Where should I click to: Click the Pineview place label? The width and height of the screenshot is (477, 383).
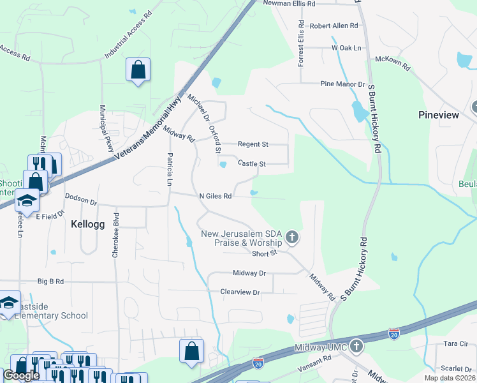(x=438, y=115)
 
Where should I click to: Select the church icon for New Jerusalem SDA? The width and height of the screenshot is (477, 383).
(x=292, y=238)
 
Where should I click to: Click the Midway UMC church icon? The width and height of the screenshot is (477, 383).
(x=356, y=347)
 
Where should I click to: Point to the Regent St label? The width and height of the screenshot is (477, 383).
(x=253, y=144)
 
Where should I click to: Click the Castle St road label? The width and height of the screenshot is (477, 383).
(x=251, y=164)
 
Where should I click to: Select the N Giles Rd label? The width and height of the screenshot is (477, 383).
(x=215, y=197)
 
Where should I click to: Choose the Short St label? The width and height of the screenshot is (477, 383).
(x=265, y=253)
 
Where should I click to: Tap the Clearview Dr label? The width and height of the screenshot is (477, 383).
(x=240, y=292)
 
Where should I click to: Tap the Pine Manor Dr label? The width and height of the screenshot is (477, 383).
(x=342, y=84)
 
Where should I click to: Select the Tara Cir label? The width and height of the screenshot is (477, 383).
(x=455, y=343)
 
